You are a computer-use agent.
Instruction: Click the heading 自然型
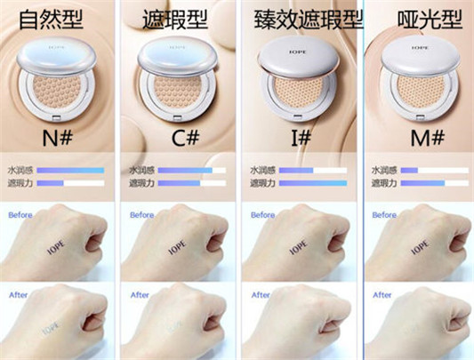[58, 19]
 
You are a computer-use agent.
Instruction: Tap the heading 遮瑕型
[177, 19]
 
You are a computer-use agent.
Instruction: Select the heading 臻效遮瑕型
[301, 19]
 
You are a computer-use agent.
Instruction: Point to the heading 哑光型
[418, 19]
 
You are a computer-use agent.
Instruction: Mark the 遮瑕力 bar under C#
[189, 183]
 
